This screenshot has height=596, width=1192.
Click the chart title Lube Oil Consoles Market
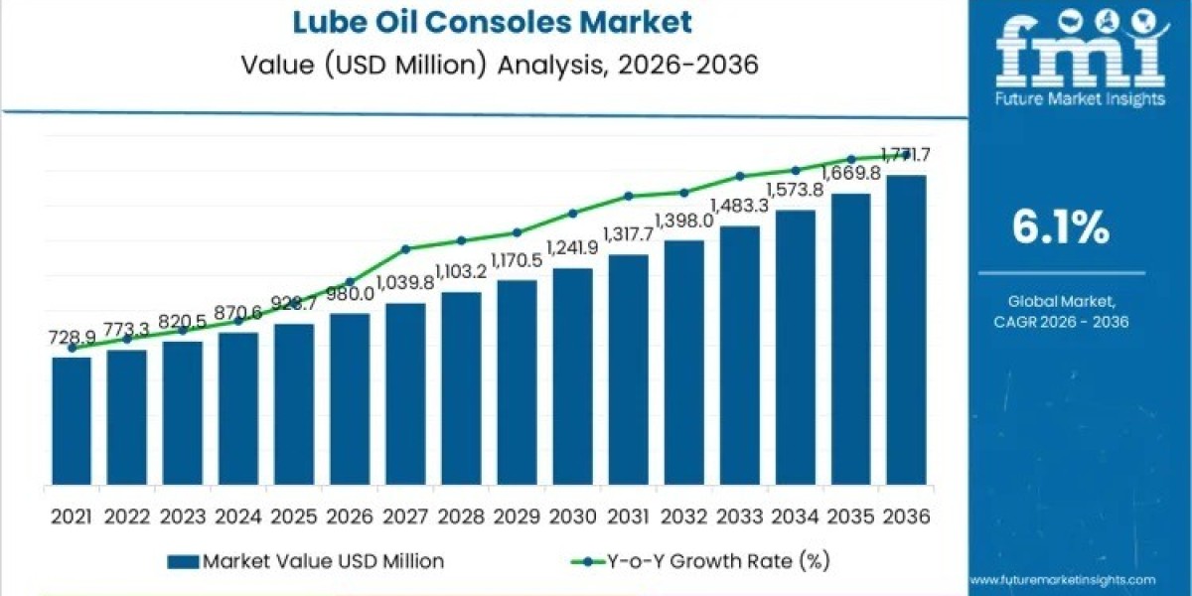click(485, 21)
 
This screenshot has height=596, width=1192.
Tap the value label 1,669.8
click(849, 173)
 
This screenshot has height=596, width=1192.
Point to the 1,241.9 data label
click(571, 248)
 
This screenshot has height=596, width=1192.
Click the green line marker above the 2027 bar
click(405, 248)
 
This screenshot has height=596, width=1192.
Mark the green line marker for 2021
click(72, 349)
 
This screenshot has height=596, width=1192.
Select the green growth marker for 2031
click(628, 196)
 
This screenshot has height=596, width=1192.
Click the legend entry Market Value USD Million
click(308, 561)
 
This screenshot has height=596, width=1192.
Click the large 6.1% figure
click(1060, 229)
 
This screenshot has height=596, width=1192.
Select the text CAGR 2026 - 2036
click(1061, 322)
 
